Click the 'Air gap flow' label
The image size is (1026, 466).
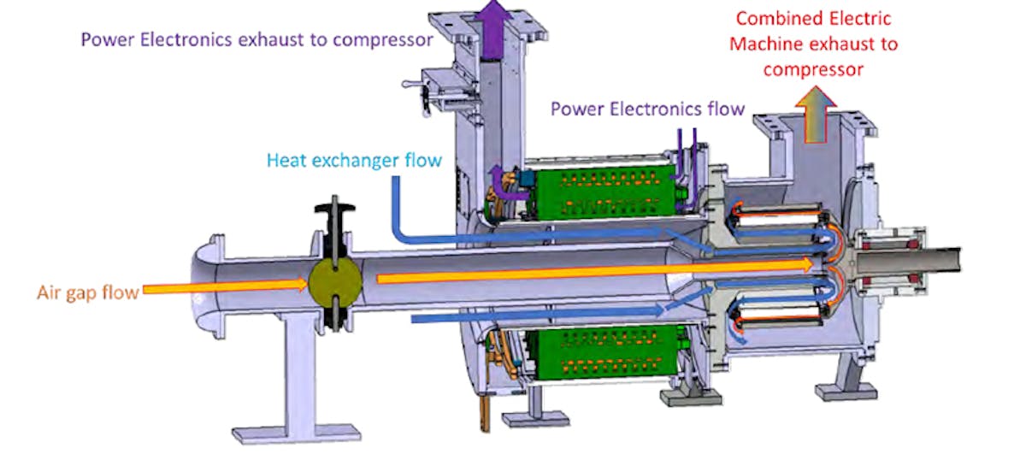point(87,293)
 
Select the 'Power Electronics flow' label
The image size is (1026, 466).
point(646,109)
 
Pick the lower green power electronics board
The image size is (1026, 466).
point(598,351)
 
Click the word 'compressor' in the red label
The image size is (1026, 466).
point(813,68)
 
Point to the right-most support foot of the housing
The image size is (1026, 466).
point(846,389)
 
